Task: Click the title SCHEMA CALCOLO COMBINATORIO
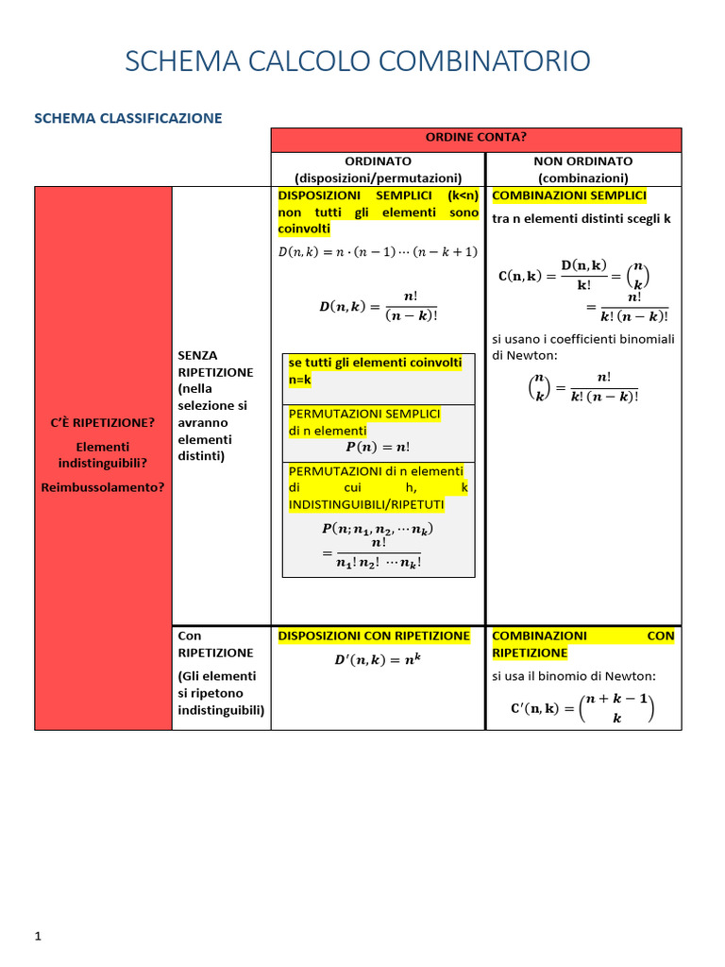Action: coord(358,61)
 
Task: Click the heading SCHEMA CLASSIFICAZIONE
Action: coord(128,118)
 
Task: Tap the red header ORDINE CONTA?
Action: coord(476,138)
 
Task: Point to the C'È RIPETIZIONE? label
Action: coord(102,422)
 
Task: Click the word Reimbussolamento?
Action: coord(102,487)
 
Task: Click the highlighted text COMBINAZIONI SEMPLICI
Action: coord(569,195)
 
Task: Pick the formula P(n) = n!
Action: coord(378,447)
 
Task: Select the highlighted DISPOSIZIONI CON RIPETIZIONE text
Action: coord(374,636)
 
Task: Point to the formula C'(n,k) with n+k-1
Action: coord(576,708)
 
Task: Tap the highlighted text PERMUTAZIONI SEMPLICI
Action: coord(364,414)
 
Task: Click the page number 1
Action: coord(38,936)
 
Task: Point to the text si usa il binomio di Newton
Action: coord(573,676)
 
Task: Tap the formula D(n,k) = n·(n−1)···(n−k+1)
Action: coord(378,251)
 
